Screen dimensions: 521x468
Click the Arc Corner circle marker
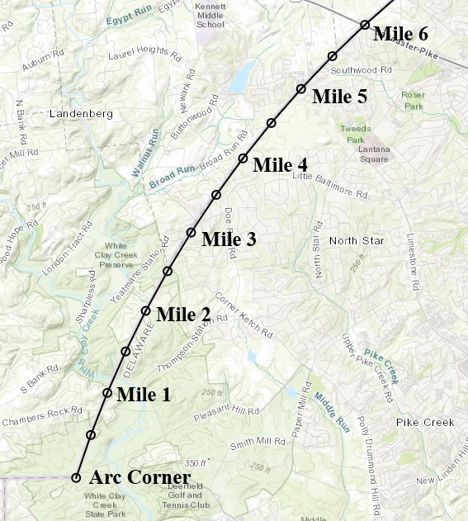pyautogui.click(x=76, y=477)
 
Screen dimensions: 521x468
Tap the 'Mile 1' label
pyautogui.click(x=144, y=394)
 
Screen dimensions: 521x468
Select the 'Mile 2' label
pyautogui.click(x=183, y=314)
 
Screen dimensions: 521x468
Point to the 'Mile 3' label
pyautogui.click(x=229, y=239)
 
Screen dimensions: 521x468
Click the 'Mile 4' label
pyautogui.click(x=280, y=164)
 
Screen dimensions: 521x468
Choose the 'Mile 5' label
pyautogui.click(x=339, y=97)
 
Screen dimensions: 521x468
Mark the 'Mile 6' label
pyautogui.click(x=401, y=34)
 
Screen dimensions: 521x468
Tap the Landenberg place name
pyautogui.click(x=80, y=113)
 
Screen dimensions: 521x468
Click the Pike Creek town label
pyautogui.click(x=424, y=422)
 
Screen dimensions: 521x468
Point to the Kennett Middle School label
pyautogui.click(x=210, y=15)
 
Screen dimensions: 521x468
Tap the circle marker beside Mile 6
pyautogui.click(x=364, y=25)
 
